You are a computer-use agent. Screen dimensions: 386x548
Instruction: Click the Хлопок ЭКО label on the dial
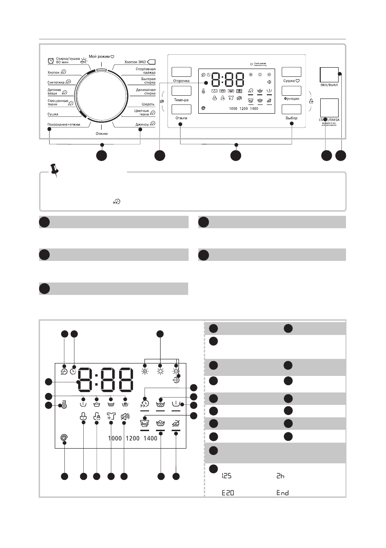coord(135,62)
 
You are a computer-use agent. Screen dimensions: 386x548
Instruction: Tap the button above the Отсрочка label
coord(181,72)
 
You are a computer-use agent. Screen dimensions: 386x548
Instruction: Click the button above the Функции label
coord(291,91)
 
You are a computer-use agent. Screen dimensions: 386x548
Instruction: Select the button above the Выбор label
coord(291,110)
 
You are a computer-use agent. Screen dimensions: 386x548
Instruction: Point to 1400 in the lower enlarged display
coord(150,439)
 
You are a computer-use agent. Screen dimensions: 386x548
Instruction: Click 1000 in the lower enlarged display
coord(115,439)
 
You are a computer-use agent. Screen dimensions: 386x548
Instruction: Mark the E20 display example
coord(224,492)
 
